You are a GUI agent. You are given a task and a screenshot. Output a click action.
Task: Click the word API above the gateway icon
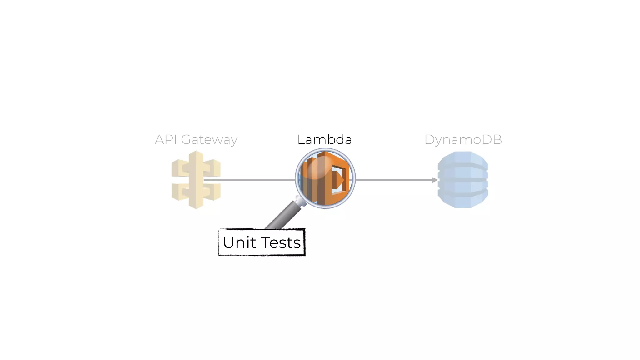(x=166, y=140)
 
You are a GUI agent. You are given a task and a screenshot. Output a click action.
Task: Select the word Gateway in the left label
(x=209, y=140)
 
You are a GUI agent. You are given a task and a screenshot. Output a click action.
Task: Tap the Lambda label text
(x=324, y=140)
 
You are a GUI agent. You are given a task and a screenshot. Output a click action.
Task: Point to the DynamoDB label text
(x=463, y=140)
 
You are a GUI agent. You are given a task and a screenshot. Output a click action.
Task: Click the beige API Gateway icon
(x=196, y=180)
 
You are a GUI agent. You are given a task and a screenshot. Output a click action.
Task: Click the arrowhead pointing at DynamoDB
(x=435, y=180)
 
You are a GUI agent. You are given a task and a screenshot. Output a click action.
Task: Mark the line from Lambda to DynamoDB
(x=394, y=180)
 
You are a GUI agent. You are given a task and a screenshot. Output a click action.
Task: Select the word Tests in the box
(x=281, y=242)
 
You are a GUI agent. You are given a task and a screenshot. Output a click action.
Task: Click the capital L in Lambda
(x=301, y=140)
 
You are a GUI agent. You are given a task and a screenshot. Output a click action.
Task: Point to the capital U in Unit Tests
(x=229, y=242)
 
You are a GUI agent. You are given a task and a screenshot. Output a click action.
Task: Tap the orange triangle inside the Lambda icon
(x=339, y=180)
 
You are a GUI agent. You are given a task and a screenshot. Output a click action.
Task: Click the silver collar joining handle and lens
(x=300, y=201)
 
